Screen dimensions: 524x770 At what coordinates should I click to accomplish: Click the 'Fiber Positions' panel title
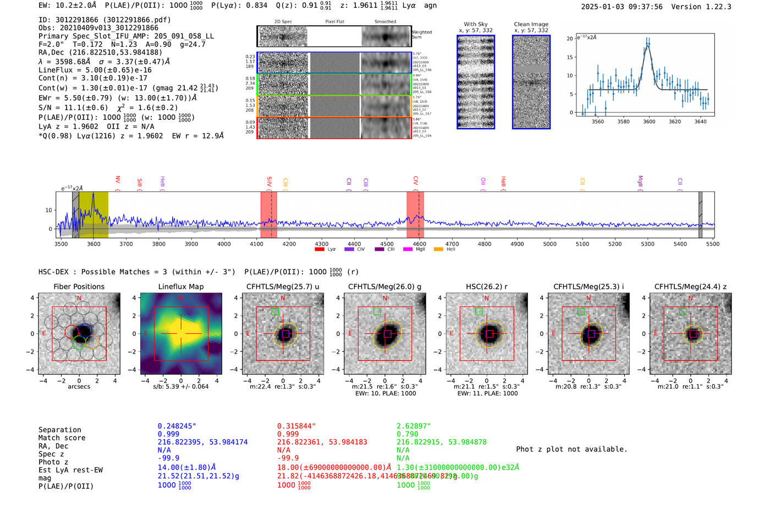pos(79,286)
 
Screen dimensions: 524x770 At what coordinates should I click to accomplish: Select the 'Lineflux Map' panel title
pos(180,286)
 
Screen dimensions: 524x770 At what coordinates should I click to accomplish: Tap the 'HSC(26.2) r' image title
pos(486,286)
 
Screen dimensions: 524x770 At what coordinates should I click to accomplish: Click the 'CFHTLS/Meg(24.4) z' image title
pos(690,286)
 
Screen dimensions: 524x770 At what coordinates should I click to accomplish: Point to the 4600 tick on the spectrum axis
pos(419,244)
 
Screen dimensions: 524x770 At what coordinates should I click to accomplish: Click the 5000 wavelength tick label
pos(549,244)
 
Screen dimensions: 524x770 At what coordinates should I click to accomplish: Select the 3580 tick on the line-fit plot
pos(623,122)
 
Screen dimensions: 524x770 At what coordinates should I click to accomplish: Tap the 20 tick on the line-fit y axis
pos(570,38)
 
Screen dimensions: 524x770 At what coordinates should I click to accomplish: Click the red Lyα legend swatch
pos(319,250)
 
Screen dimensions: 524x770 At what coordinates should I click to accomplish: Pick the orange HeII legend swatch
pos(438,250)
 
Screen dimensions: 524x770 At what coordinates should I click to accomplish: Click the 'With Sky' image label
pos(475,24)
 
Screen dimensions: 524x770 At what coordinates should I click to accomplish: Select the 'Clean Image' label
pos(531,24)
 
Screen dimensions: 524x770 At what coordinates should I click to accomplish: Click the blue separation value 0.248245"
pos(177,426)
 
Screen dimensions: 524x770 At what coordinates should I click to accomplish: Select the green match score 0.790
pos(408,434)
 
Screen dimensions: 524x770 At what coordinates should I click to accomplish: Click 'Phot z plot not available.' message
pos(571,449)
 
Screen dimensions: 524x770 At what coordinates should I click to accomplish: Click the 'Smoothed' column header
pos(385,22)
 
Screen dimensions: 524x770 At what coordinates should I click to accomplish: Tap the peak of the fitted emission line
pos(648,46)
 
